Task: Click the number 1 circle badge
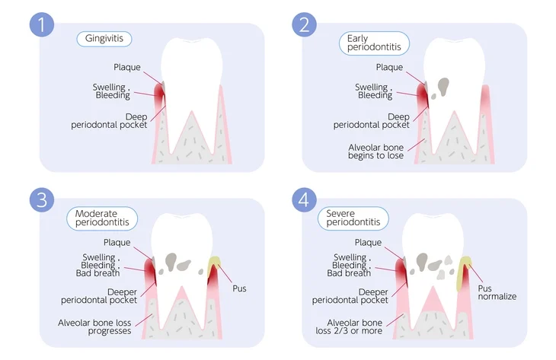click(x=42, y=24)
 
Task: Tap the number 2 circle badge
click(x=304, y=24)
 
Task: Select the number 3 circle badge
click(x=42, y=200)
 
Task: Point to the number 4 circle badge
click(x=304, y=200)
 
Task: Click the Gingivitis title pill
click(x=104, y=39)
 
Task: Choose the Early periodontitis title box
click(x=374, y=43)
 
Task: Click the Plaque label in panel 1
click(x=126, y=67)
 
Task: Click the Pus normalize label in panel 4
click(x=497, y=292)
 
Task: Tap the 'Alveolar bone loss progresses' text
click(x=94, y=327)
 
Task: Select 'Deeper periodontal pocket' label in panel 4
click(x=351, y=295)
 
